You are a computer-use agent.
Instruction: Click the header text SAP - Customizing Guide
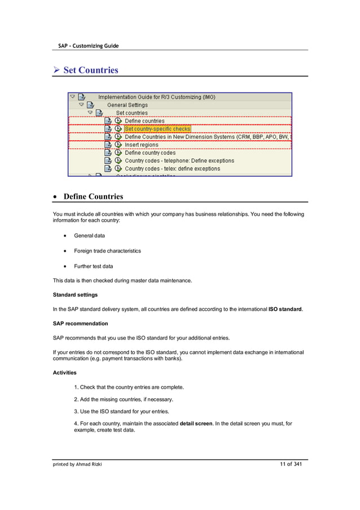coord(88,45)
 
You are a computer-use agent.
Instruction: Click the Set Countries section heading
coord(90,70)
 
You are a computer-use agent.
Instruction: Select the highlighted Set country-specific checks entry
coord(157,129)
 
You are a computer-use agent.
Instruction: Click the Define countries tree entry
coord(144,121)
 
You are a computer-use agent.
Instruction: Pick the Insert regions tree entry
coord(142,145)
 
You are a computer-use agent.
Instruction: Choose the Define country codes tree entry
coord(150,152)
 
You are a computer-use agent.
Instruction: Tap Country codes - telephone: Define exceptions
coord(179,160)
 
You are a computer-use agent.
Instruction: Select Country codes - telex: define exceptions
coord(172,168)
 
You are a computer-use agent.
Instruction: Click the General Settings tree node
coord(127,105)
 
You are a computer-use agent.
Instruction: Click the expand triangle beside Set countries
coord(90,113)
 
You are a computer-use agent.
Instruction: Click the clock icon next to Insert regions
coord(118,145)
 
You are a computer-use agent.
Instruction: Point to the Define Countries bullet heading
coord(93,197)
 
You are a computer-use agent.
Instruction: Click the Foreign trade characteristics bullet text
coord(107,251)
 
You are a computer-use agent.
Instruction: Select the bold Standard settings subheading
coord(75,295)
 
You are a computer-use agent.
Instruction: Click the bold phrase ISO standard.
coord(286,309)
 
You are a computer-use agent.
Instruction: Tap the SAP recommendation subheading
coord(80,324)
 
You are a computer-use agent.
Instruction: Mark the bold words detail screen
coord(196,424)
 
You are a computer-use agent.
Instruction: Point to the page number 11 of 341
coord(291,464)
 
